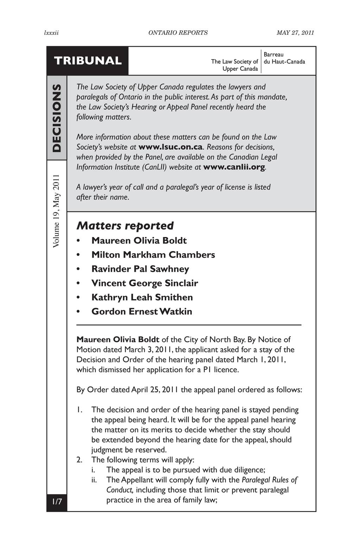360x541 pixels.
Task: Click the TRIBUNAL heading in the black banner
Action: tap(88, 61)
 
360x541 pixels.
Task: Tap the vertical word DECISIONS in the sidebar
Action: tap(57, 118)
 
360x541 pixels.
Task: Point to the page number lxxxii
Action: tap(51, 33)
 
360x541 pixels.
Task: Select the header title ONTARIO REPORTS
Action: tap(178, 33)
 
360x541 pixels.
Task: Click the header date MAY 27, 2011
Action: tap(295, 33)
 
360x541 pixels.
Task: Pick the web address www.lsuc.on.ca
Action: tap(171, 147)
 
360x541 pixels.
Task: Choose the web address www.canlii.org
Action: tap(234, 167)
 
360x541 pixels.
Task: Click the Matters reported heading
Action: tap(125, 225)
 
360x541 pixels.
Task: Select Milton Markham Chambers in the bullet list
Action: tap(153, 255)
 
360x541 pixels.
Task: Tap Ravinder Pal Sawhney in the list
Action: tap(140, 269)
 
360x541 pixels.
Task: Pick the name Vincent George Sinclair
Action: tap(145, 283)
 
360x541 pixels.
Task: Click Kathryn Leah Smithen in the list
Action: tap(142, 297)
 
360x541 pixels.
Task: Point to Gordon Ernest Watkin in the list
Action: tap(142, 311)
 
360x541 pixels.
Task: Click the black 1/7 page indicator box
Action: tap(57, 501)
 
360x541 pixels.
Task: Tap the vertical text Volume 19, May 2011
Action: tap(57, 211)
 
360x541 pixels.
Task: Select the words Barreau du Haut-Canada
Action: tap(284, 58)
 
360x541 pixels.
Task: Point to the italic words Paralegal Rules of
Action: tap(270, 480)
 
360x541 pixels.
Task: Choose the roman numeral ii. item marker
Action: tap(94, 480)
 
